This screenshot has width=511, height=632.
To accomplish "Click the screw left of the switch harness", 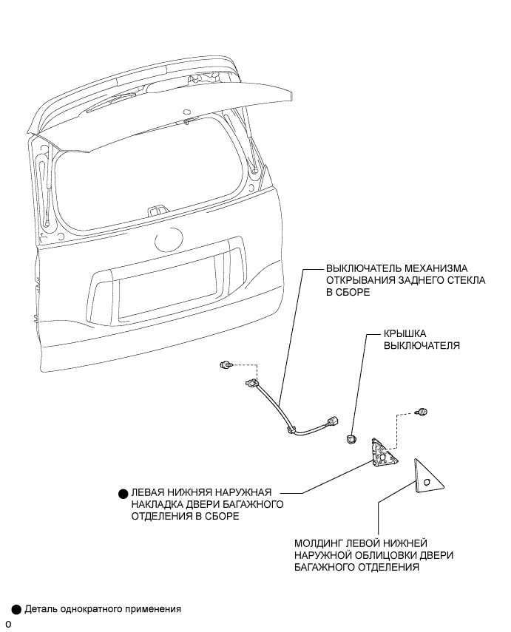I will (x=226, y=365).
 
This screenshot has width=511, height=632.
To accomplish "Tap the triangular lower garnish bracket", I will (x=384, y=453).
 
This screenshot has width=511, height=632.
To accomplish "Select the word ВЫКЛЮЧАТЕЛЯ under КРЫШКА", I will (x=420, y=345).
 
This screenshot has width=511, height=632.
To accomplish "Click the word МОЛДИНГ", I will (x=319, y=543).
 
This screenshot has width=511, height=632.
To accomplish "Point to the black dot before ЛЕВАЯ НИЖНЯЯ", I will (x=122, y=492).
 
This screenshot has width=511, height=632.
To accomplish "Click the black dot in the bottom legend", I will (x=16, y=610).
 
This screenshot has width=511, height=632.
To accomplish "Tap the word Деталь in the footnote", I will (x=41, y=610).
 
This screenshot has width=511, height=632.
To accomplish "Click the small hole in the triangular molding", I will (x=427, y=483).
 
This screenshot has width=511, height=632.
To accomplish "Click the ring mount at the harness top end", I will (x=252, y=384).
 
